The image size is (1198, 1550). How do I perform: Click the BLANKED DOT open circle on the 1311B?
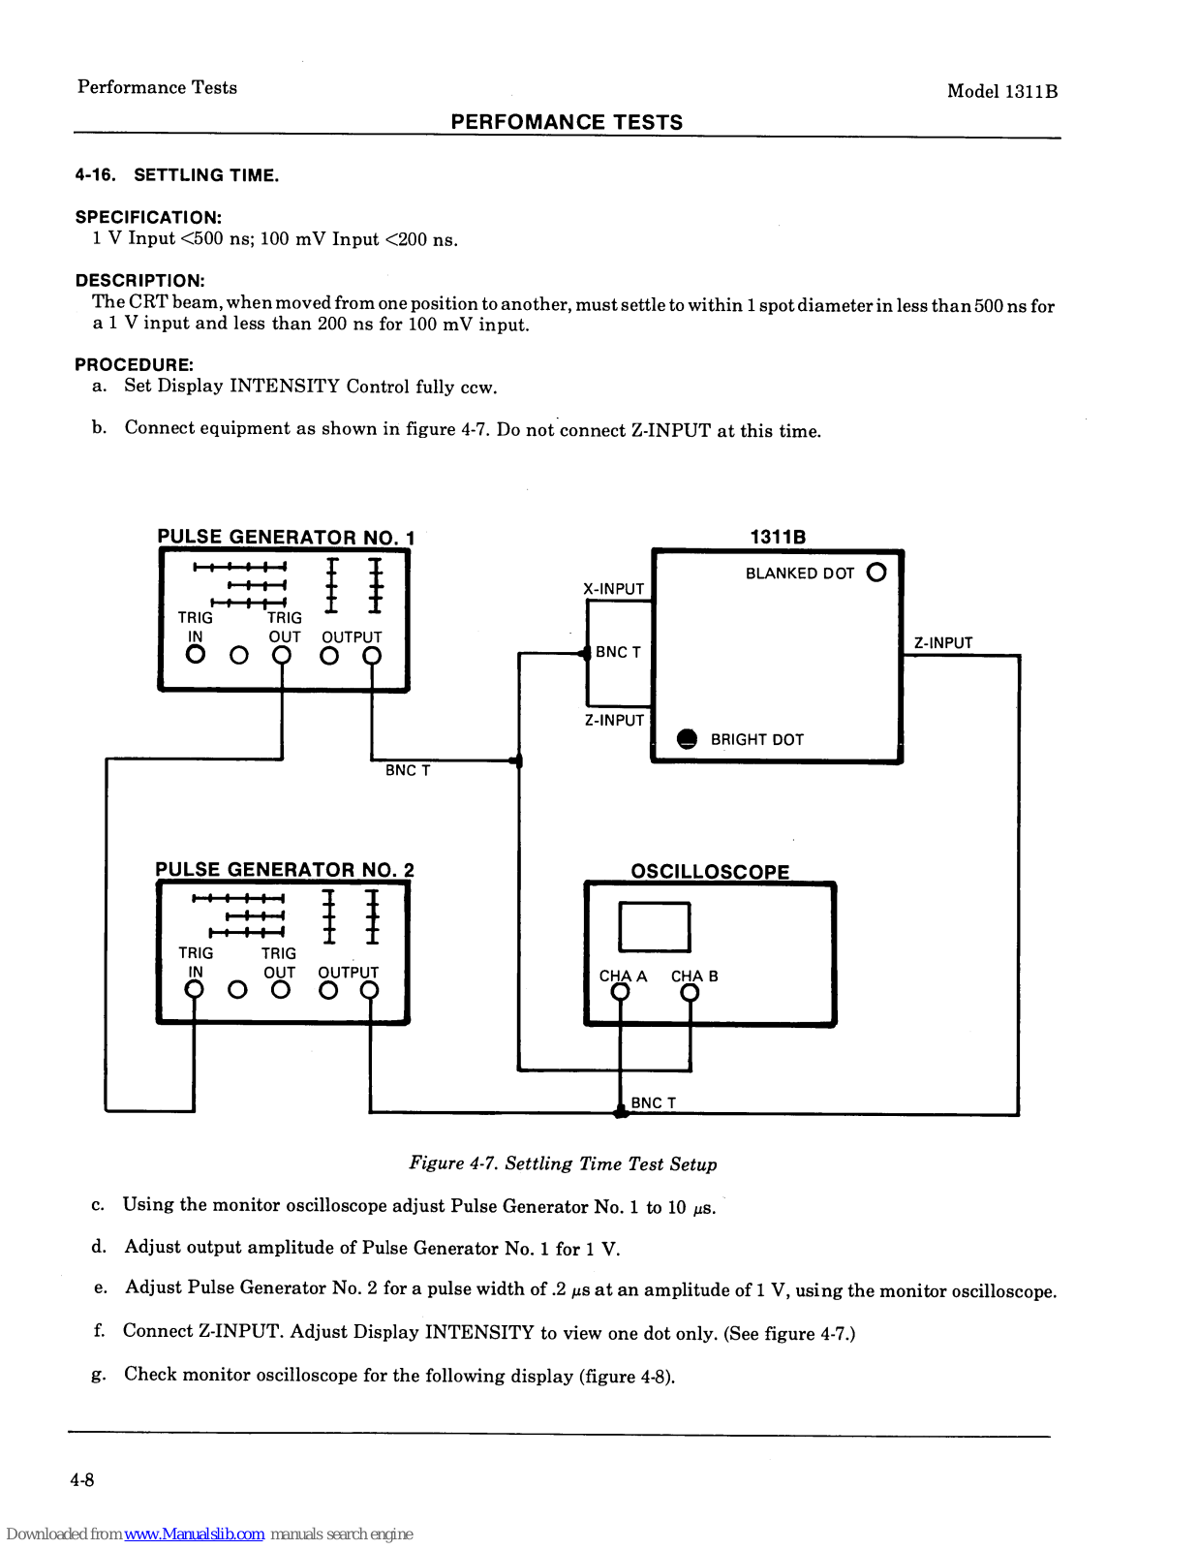pyautogui.click(x=876, y=573)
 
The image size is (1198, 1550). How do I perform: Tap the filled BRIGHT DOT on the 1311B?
pyautogui.click(x=687, y=739)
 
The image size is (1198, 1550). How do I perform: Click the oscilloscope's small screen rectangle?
pyautogui.click(x=655, y=927)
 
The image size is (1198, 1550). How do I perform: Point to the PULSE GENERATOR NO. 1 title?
pyautogui.click(x=286, y=537)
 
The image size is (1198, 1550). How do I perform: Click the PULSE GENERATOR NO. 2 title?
pyautogui.click(x=285, y=870)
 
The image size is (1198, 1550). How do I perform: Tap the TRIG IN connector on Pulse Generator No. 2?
pyautogui.click(x=195, y=989)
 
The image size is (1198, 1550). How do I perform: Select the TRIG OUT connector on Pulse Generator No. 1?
pyautogui.click(x=282, y=655)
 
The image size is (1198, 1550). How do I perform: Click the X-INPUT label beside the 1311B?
pyautogui.click(x=613, y=589)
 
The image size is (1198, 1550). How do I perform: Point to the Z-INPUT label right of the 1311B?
pyautogui.click(x=943, y=643)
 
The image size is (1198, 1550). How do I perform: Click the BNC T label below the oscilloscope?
pyautogui.click(x=654, y=1102)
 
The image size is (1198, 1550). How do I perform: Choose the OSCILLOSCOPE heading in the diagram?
pyautogui.click(x=710, y=872)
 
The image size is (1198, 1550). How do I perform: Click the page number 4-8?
pyautogui.click(x=82, y=1479)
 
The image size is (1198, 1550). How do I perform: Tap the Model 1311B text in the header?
pyautogui.click(x=1001, y=91)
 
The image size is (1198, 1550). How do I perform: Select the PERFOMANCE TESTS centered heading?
pyautogui.click(x=567, y=122)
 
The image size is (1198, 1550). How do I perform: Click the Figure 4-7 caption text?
pyautogui.click(x=563, y=1163)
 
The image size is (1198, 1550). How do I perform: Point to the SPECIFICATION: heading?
pyautogui.click(x=148, y=217)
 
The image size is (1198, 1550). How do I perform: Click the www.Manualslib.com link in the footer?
pyautogui.click(x=195, y=1534)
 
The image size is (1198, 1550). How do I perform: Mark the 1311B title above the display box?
pyautogui.click(x=778, y=537)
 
